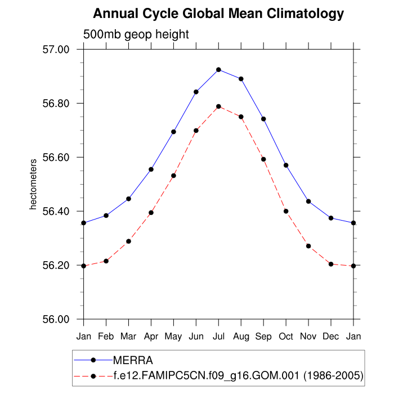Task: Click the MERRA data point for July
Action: [218, 70]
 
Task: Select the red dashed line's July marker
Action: [218, 106]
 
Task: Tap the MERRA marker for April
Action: [151, 169]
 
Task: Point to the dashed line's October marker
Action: [286, 211]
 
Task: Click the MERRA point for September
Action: [263, 119]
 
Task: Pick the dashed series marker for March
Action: [128, 241]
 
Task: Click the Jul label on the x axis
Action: [218, 337]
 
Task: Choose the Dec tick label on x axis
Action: [331, 337]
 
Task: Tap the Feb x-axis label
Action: [106, 337]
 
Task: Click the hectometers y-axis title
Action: [33, 185]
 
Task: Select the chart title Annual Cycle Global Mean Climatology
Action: [218, 13]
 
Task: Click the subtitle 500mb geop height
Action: [136, 34]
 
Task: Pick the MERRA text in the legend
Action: [133, 360]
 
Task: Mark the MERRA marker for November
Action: [308, 202]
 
